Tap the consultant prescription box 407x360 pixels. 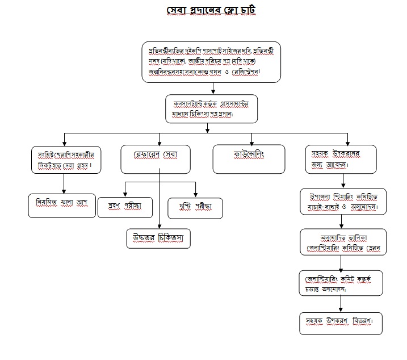coord(211,108)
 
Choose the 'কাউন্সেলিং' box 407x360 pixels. coord(248,158)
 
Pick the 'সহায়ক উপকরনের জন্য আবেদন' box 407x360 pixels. coord(345,159)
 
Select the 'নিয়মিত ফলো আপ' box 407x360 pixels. coord(61,205)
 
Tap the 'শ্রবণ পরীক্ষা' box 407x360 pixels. coord(125,208)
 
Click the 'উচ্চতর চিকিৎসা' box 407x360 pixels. coord(158,237)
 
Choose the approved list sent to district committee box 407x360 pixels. coord(343,242)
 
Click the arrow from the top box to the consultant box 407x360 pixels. coord(211,87)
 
